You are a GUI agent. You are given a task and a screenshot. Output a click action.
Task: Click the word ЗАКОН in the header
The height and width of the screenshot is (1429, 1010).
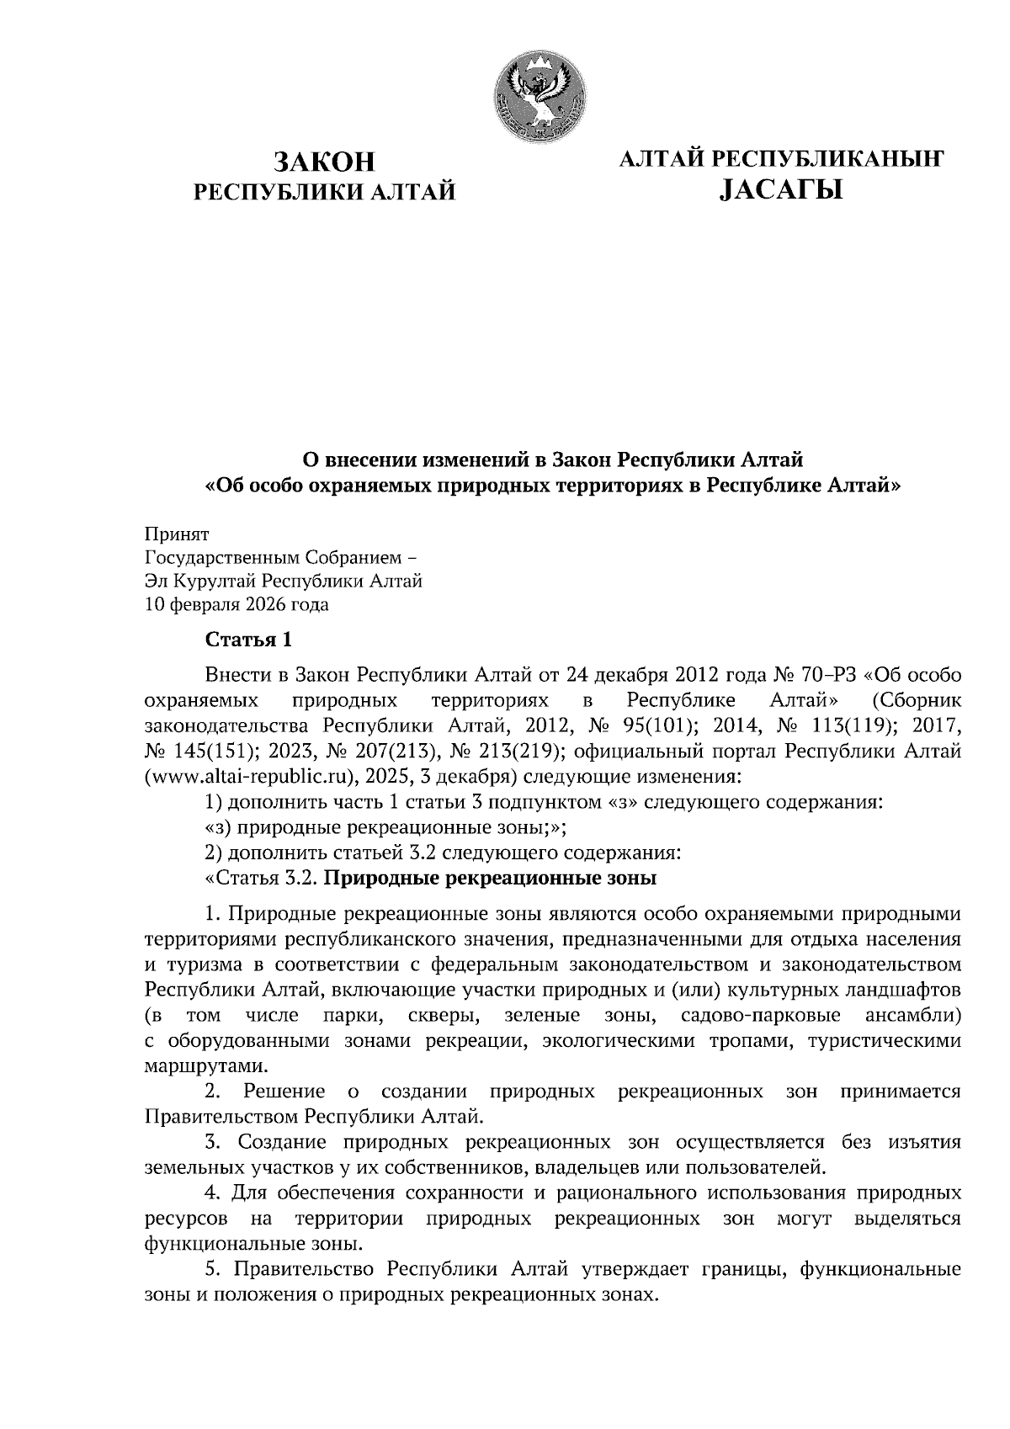[324, 161]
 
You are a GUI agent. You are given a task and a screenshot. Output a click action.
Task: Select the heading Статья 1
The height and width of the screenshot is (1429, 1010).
[249, 640]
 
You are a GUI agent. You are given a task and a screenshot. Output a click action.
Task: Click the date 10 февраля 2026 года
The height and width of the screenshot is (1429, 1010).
[237, 604]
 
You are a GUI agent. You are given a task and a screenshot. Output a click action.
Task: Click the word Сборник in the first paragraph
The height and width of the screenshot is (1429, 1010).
[917, 700]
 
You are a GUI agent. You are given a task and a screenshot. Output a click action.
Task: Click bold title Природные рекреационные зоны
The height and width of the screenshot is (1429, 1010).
[491, 879]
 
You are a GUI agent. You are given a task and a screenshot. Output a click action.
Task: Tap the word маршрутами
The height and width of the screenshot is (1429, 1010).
[196, 1066]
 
